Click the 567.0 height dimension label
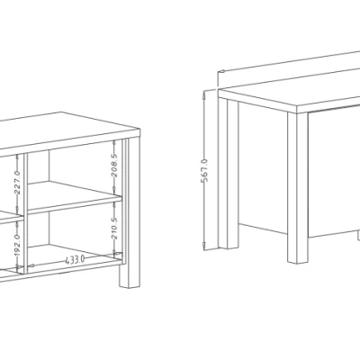(x=204, y=170)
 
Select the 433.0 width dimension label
(x=75, y=259)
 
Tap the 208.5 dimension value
(x=114, y=165)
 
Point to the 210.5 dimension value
(x=114, y=228)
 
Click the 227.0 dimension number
(x=17, y=182)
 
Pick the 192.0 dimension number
(x=17, y=246)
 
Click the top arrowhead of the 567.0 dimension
(x=204, y=94)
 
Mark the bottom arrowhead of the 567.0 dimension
(x=204, y=246)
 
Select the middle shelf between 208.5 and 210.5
(x=75, y=197)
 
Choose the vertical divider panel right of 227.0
(x=25, y=213)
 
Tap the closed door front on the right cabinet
(x=334, y=171)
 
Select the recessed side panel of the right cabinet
(x=263, y=168)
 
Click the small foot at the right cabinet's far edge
(x=359, y=235)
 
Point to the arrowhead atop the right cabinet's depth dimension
(x=221, y=71)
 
